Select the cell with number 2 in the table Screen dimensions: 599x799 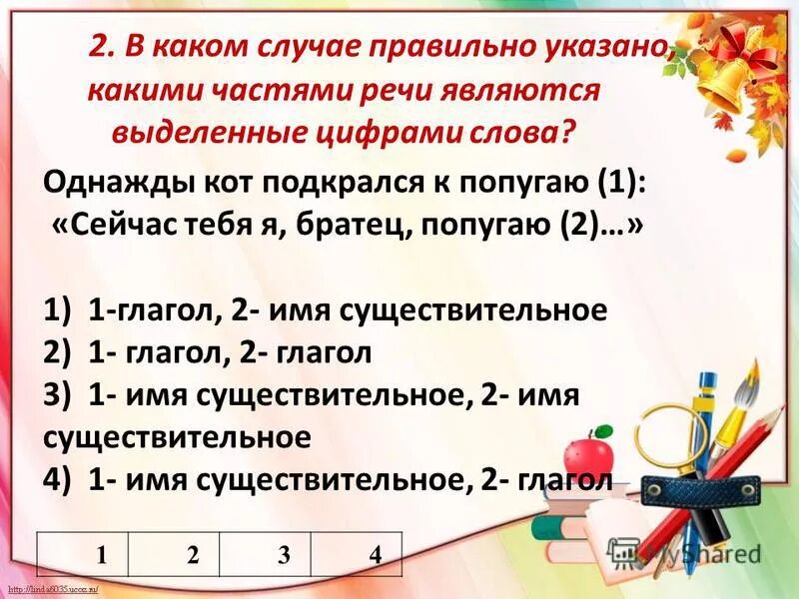[192, 555]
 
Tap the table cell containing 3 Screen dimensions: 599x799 [284, 555]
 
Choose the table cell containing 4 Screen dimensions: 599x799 [375, 555]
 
